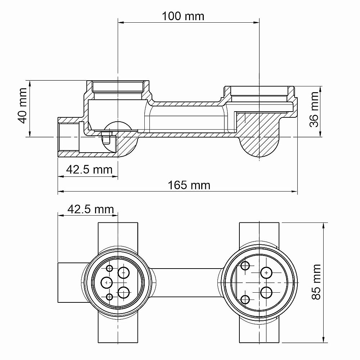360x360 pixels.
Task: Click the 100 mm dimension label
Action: click(183, 16)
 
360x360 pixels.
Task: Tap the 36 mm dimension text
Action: click(314, 109)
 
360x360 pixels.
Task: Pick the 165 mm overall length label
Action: click(189, 185)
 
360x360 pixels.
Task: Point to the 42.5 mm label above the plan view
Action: click(90, 209)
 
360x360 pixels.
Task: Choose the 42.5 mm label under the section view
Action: click(89, 169)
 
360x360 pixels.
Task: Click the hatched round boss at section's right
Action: click(259, 144)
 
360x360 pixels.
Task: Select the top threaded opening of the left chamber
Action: click(118, 87)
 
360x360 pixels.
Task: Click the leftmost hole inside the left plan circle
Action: click(106, 282)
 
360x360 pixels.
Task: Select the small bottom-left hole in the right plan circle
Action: click(245, 299)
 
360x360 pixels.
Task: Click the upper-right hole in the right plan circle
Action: click(266, 273)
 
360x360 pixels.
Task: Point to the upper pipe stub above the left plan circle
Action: click(118, 234)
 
